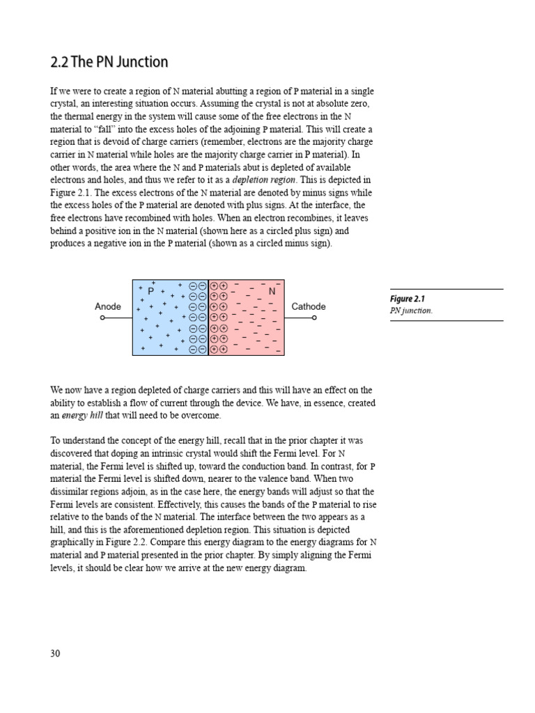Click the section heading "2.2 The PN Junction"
pos(109,62)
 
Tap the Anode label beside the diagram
pos(108,306)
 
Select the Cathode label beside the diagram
pos(309,306)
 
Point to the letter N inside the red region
pos(272,292)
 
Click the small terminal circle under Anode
pos(102,318)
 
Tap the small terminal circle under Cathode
pos(314,318)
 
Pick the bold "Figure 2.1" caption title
pos(408,299)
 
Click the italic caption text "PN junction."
pos(411,311)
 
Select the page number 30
pos(56,653)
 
